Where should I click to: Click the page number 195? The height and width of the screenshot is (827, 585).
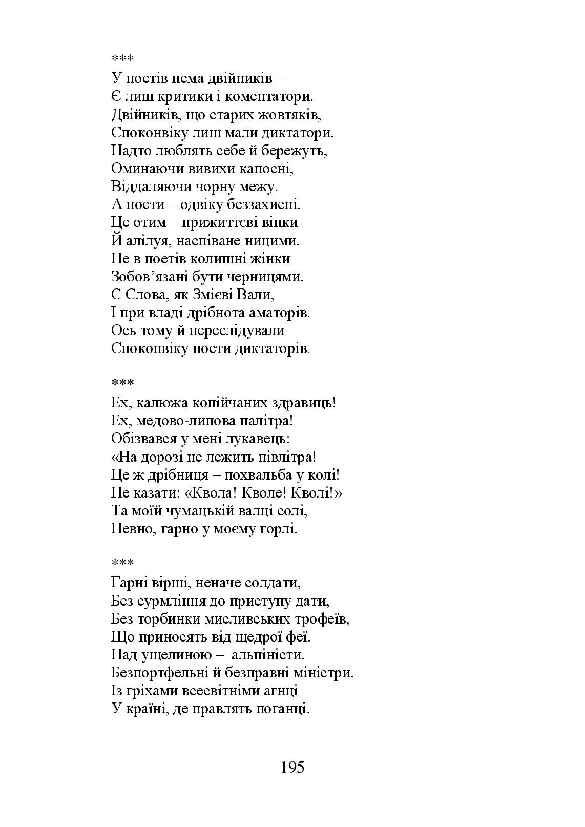tap(292, 767)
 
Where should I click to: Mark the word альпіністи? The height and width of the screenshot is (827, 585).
tap(268, 655)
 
